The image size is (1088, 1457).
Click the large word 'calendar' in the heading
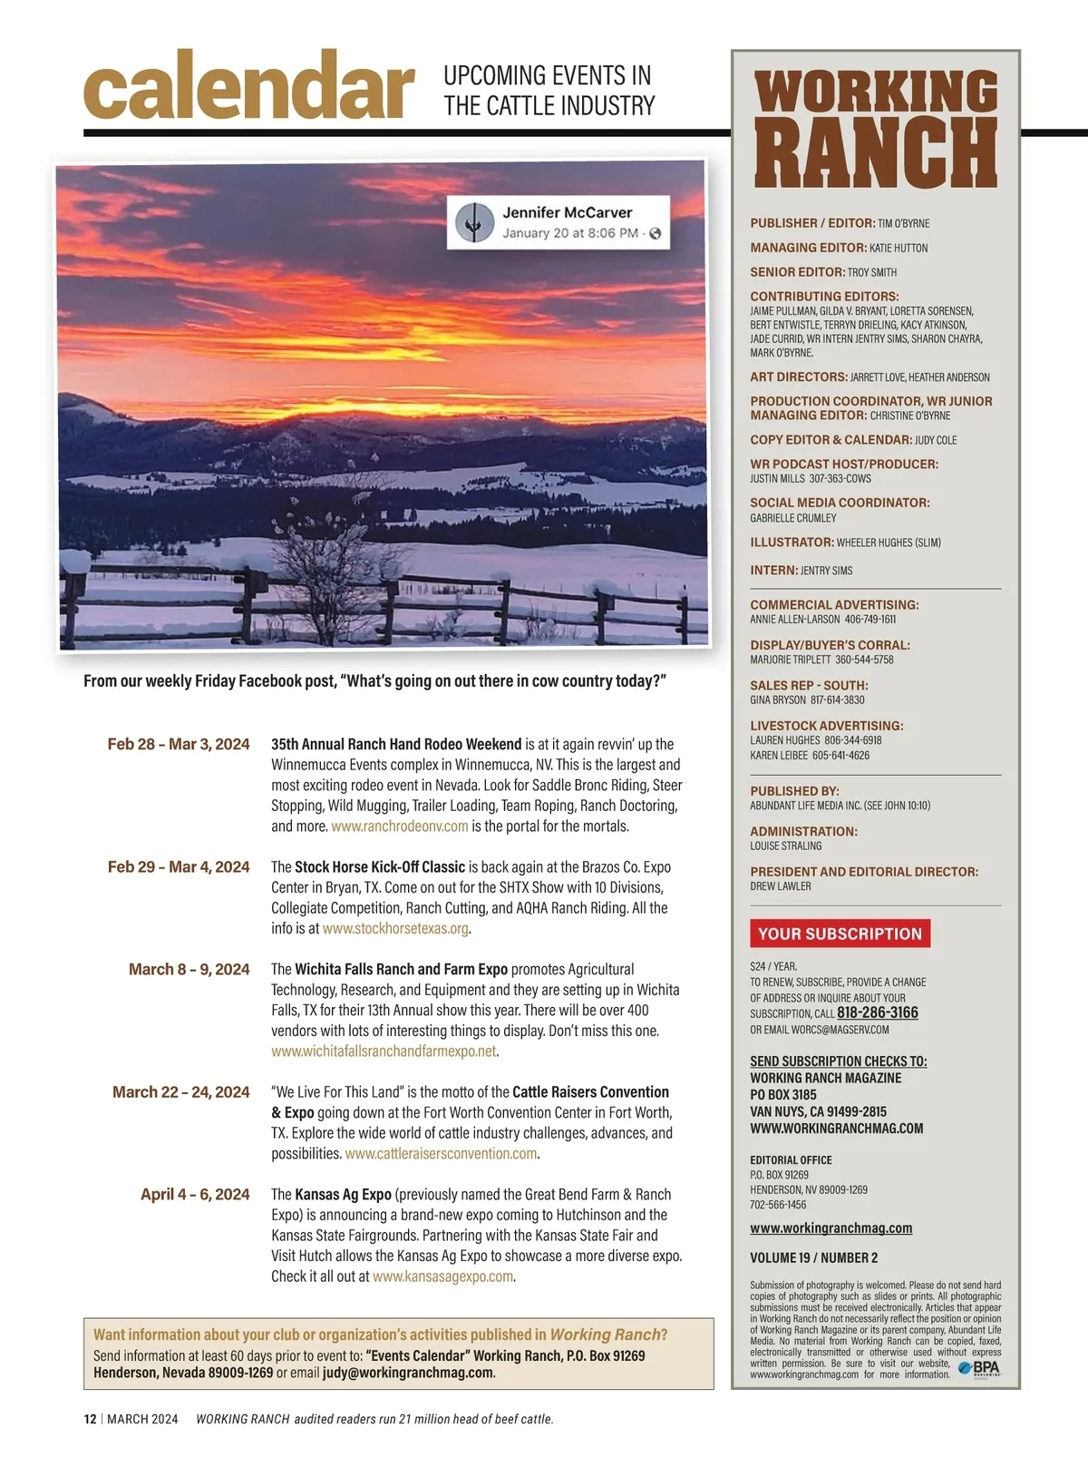point(248,86)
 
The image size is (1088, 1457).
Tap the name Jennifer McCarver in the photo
point(567,212)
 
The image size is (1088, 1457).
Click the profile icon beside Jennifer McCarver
point(471,222)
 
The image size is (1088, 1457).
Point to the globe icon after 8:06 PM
point(655,233)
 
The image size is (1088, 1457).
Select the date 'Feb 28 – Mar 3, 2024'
point(179,744)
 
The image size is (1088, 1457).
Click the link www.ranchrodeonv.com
point(400,826)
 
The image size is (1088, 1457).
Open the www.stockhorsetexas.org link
point(395,928)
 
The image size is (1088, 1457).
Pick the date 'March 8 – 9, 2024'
point(189,969)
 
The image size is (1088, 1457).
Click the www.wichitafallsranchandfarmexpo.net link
point(384,1051)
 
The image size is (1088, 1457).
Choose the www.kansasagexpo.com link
point(442,1276)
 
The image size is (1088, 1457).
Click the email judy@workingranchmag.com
point(408,1372)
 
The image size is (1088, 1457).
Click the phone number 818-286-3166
point(877,1012)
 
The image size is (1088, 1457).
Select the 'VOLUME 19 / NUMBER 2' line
point(813,1257)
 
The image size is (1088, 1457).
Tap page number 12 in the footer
point(90,1419)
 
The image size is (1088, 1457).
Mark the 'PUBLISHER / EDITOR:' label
point(812,223)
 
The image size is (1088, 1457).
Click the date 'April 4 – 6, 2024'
point(195,1194)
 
